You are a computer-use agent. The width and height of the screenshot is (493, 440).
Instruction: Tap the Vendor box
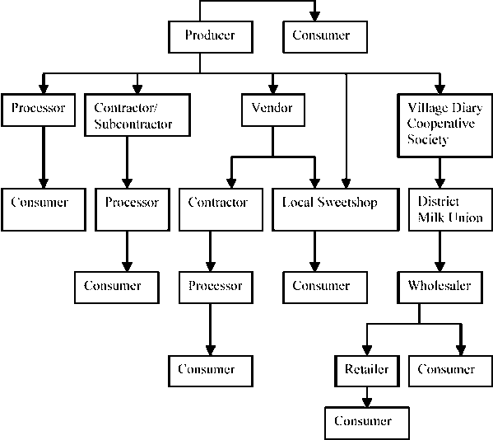click(x=272, y=108)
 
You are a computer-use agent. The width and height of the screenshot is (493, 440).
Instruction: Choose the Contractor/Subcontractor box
click(x=137, y=116)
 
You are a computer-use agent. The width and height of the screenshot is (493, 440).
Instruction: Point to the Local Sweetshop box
click(x=330, y=210)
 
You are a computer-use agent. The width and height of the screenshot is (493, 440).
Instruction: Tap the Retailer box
click(x=366, y=369)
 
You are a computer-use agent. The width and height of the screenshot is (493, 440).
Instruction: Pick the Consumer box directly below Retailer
click(x=363, y=421)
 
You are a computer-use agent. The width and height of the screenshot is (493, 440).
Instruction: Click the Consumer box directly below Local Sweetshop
click(x=320, y=286)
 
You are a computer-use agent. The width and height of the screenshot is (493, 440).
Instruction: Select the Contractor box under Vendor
click(x=218, y=210)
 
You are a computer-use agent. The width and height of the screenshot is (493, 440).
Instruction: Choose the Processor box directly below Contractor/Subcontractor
click(x=126, y=210)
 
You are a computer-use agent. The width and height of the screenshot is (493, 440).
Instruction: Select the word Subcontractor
click(x=133, y=124)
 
